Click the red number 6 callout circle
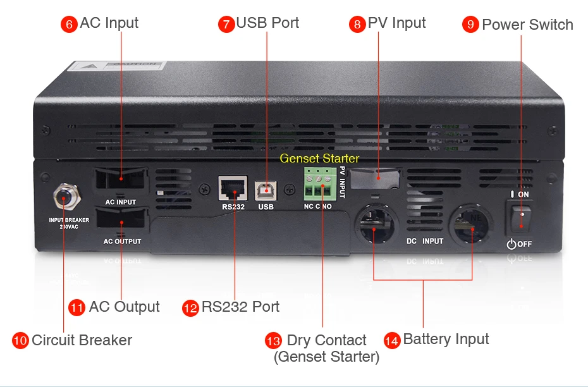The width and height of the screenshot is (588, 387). tap(69, 24)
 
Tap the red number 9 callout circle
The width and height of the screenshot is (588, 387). tap(470, 25)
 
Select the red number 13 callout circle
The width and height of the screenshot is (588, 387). tap(273, 340)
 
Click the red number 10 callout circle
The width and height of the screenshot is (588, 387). tap(20, 340)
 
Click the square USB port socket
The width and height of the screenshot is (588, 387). tap(266, 188)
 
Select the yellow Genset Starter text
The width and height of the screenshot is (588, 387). tap(319, 158)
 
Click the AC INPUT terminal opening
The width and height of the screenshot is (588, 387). tap(120, 179)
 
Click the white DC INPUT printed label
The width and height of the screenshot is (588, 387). tap(425, 241)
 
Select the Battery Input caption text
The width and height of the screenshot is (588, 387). tap(446, 340)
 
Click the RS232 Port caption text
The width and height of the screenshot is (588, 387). tap(240, 307)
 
